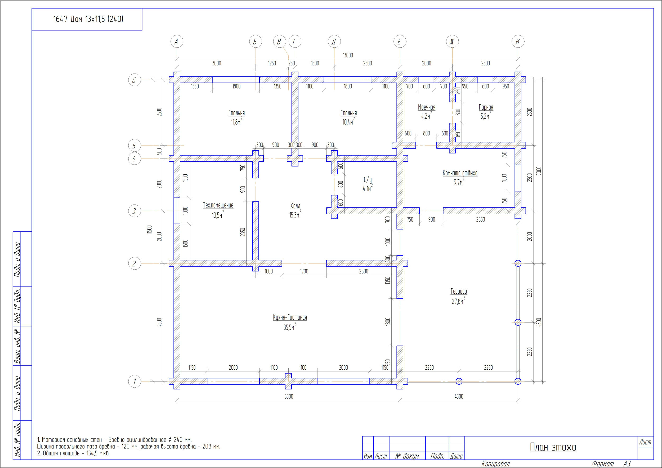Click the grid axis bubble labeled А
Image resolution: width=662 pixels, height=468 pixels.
click(177, 42)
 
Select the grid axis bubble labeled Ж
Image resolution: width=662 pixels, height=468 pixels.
click(452, 42)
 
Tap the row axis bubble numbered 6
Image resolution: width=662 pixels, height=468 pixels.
click(135, 80)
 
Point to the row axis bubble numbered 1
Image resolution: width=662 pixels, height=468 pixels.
click(135, 381)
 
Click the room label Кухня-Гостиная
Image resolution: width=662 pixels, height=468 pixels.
click(290, 317)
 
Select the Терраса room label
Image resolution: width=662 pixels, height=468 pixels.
click(459, 291)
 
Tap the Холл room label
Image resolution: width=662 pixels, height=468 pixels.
click(295, 206)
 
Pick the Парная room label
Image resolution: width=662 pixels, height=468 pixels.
click(486, 107)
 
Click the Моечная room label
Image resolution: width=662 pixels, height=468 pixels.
click(427, 107)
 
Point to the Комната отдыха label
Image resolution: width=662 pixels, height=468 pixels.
click(460, 173)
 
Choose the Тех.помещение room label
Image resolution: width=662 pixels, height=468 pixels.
click(218, 205)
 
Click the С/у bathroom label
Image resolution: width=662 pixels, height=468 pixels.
click(368, 180)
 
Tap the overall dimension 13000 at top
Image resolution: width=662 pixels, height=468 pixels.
click(348, 55)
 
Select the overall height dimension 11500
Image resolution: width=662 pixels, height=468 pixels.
click(149, 230)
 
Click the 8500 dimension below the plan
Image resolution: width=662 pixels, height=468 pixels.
click(288, 396)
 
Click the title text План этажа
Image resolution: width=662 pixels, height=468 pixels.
click(553, 447)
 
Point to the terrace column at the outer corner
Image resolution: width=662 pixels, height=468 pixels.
click(518, 381)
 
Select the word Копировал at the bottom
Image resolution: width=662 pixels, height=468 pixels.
click(495, 464)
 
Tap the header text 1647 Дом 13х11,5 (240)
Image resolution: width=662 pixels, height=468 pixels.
click(88, 19)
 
